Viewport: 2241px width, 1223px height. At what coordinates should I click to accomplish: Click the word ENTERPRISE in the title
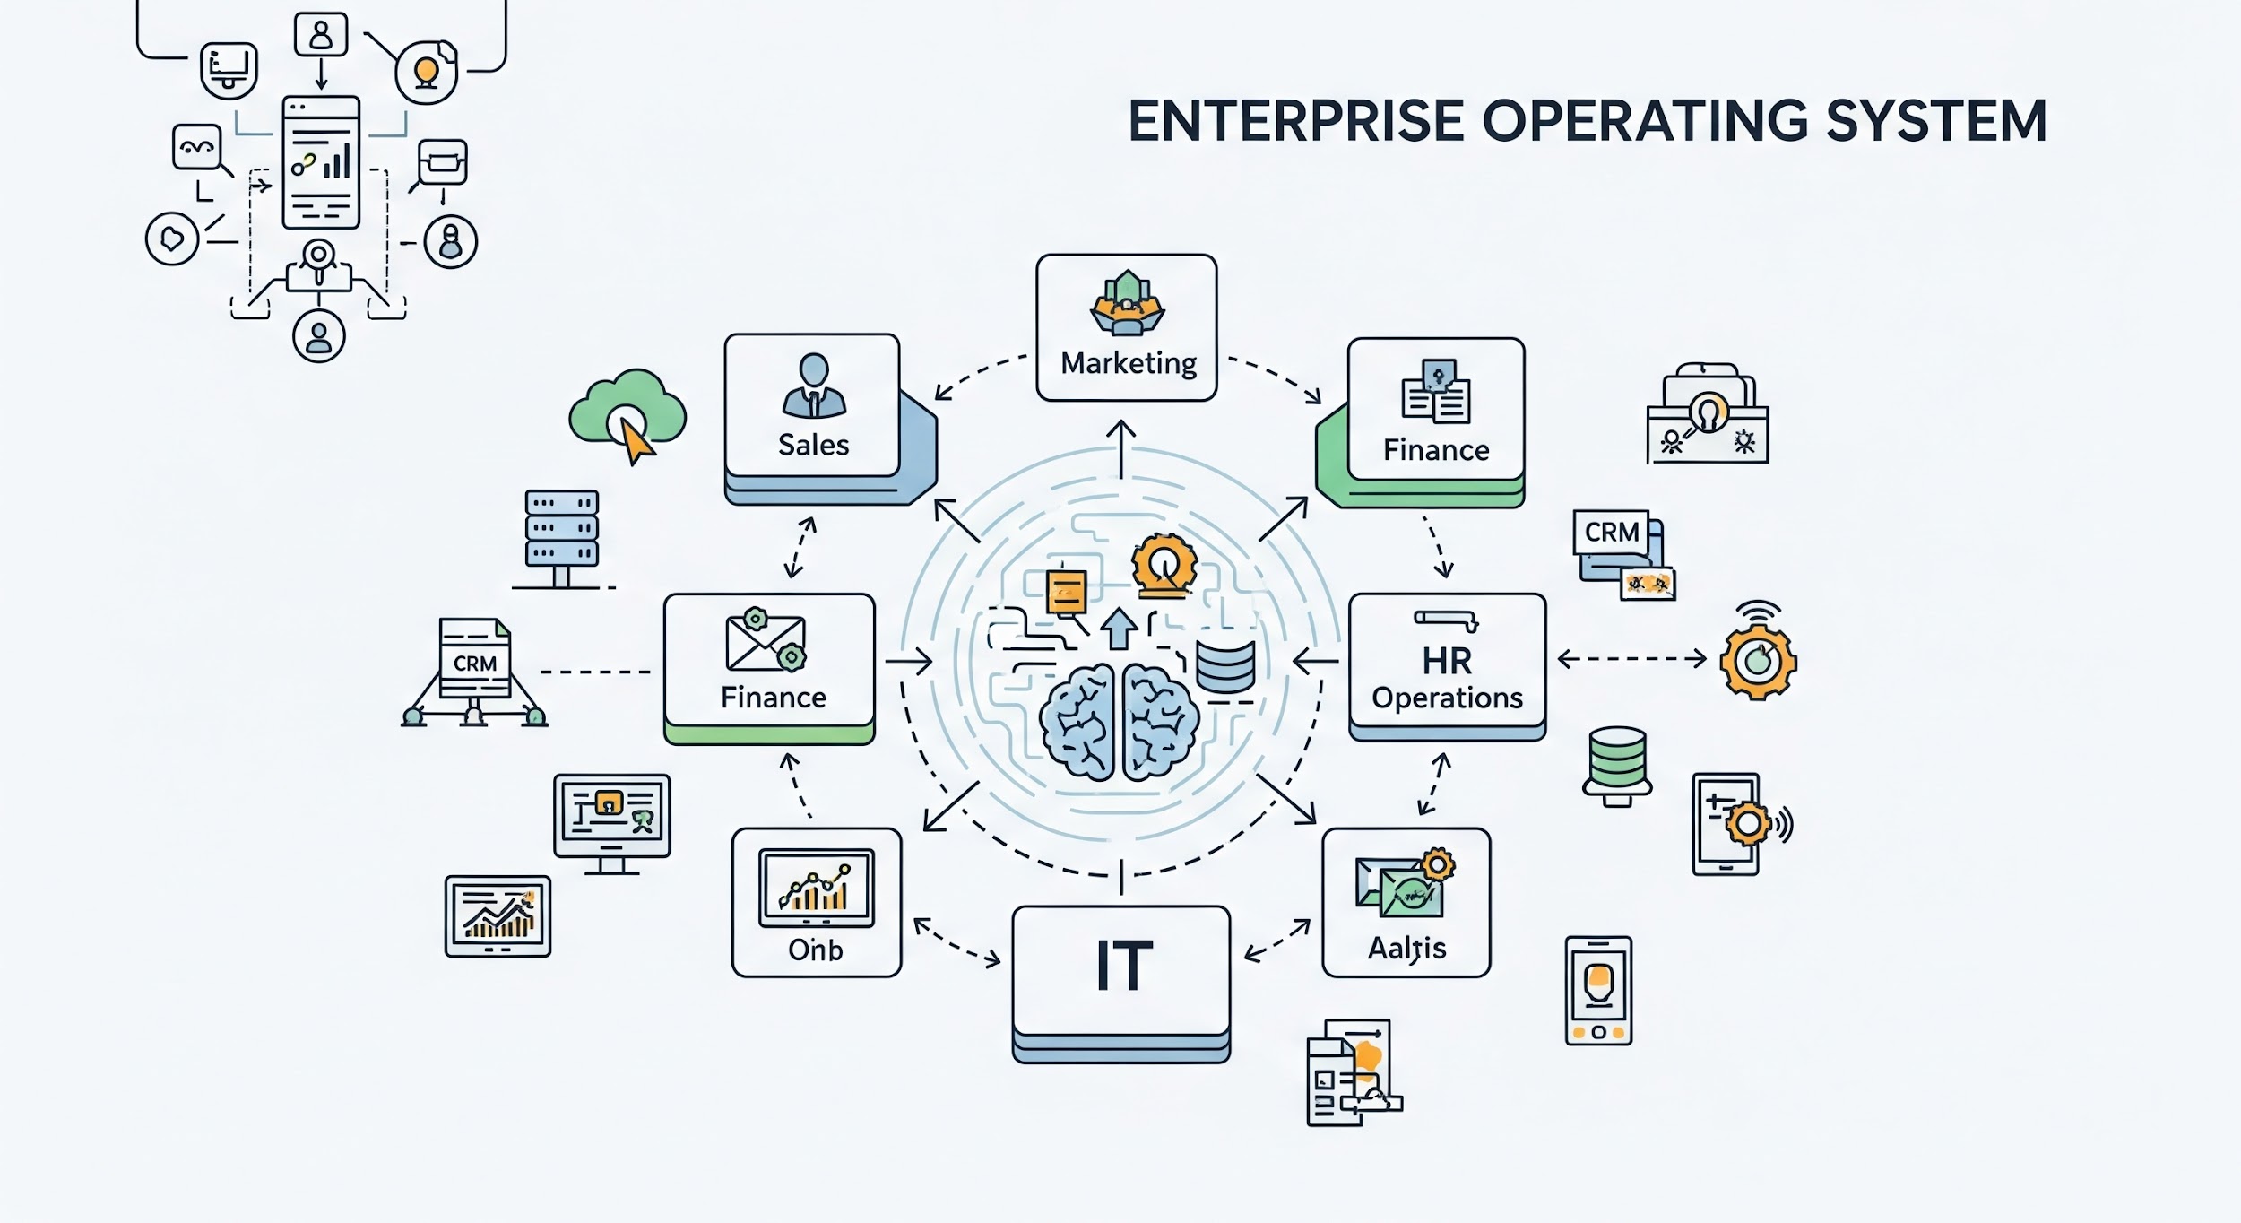(1295, 122)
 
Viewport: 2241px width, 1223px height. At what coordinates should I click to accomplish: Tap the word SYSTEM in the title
(1936, 122)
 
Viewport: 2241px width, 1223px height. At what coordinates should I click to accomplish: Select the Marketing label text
(1128, 363)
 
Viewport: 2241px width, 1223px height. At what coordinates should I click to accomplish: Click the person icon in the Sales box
(813, 386)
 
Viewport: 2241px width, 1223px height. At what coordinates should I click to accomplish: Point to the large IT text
(1122, 967)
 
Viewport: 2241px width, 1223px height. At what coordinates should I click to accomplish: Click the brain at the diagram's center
(1119, 722)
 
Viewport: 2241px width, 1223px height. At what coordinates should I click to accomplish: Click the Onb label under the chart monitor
(815, 950)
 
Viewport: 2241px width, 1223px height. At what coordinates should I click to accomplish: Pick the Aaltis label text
(1406, 948)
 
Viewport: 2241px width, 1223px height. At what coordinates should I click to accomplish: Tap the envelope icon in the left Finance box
(765, 640)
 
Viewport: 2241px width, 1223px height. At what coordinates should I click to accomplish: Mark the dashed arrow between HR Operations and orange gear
(1631, 659)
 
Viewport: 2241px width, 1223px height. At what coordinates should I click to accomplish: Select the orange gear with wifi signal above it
(1758, 661)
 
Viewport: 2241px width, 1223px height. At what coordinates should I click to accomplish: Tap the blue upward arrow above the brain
(1118, 628)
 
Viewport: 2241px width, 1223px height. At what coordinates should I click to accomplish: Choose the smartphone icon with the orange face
(1598, 991)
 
